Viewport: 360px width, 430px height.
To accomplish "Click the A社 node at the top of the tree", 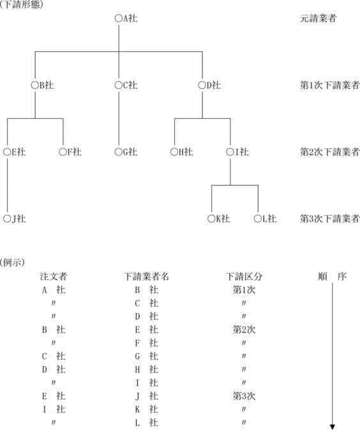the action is (126, 19).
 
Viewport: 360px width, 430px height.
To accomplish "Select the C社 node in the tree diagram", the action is (126, 85).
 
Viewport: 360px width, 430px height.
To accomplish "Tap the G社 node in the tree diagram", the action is (126, 151).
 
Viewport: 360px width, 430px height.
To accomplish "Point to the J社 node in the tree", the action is (15, 219).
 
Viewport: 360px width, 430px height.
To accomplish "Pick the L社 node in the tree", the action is (265, 219).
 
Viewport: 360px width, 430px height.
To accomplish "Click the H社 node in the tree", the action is (182, 151).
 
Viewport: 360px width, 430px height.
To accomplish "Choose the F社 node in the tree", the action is (70, 151).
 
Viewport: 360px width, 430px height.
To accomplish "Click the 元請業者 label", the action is (318, 19).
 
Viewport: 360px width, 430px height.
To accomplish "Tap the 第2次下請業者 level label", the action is (329, 151).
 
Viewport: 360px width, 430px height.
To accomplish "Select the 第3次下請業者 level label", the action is (329, 219).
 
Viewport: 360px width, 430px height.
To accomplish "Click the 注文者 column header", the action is (54, 277).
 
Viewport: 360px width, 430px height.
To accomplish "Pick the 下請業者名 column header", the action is (146, 277).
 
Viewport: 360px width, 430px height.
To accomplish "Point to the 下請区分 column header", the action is (244, 277).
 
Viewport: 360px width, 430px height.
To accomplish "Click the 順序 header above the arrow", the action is (333, 277).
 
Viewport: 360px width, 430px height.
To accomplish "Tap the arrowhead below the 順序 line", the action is (333, 427).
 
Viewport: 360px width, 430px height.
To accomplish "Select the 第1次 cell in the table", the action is (244, 289).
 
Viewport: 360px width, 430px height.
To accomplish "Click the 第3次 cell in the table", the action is (244, 395).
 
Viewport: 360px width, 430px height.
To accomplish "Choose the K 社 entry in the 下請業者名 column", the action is (147, 409).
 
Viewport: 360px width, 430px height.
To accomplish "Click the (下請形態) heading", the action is (21, 4).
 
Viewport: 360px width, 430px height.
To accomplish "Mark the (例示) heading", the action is (12, 263).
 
